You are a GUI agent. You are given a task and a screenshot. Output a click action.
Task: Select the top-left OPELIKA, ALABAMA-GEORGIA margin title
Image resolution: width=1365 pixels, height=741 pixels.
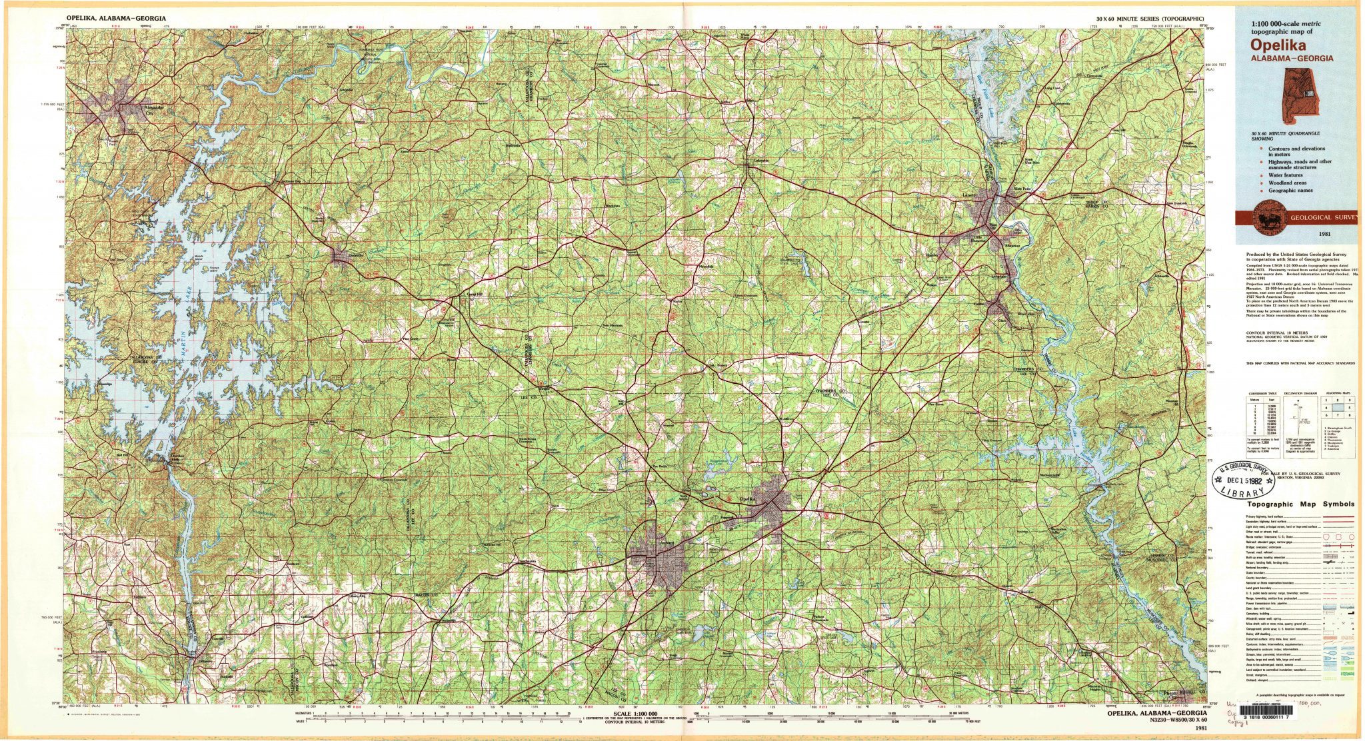pos(117,18)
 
